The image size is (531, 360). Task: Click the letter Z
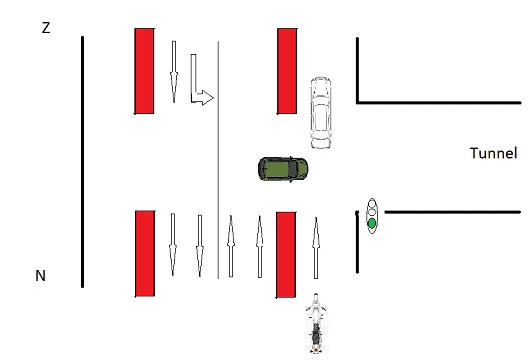click(46, 27)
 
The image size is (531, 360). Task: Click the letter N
click(40, 276)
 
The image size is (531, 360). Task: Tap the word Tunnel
click(494, 153)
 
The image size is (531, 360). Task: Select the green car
click(283, 169)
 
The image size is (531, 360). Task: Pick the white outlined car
click(321, 113)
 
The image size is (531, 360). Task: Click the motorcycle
click(316, 323)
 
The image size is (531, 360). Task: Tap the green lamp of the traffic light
click(372, 223)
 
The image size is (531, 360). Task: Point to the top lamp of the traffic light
click(372, 204)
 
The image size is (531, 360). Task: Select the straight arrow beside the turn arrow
click(174, 72)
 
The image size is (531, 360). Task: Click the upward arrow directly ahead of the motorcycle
click(316, 248)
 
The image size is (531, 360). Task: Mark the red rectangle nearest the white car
click(287, 71)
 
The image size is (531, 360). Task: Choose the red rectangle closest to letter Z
click(144, 71)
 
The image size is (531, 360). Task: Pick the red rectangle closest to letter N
click(145, 254)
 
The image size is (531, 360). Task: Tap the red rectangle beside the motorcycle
click(286, 255)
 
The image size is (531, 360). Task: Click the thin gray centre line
click(218, 160)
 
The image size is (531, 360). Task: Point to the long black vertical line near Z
click(82, 162)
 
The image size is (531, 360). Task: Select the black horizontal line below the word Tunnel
click(453, 212)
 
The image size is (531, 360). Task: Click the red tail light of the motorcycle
click(316, 350)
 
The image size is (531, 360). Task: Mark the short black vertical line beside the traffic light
click(357, 242)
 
